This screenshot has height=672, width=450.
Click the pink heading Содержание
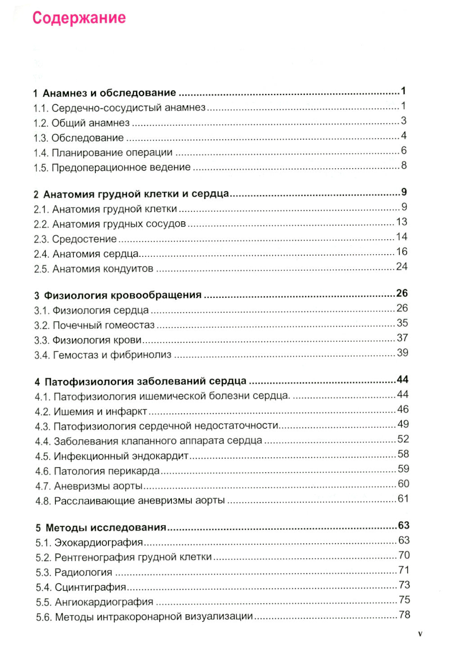click(79, 18)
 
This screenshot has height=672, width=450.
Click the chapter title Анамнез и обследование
click(109, 93)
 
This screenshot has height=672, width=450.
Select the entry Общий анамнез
click(90, 123)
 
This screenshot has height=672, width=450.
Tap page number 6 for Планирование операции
click(404, 151)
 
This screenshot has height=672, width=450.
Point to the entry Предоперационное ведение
click(121, 167)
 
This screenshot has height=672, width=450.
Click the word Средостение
click(84, 239)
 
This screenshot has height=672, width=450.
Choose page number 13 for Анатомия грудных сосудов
click(401, 222)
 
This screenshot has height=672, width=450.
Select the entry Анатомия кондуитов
click(103, 269)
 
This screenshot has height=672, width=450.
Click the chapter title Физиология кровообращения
click(122, 295)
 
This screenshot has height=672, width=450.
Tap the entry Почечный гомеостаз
click(103, 325)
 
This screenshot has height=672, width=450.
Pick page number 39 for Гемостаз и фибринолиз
click(402, 353)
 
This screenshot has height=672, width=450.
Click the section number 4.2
click(43, 412)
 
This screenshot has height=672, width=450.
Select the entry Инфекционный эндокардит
click(121, 456)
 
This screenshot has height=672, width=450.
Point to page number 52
click(403, 439)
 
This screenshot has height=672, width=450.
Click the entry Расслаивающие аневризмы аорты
click(139, 501)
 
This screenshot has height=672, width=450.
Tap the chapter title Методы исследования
click(106, 527)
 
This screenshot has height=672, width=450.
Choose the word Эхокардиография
click(99, 542)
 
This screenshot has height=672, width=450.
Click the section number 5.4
click(44, 587)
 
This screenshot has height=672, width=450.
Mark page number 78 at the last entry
click(404, 614)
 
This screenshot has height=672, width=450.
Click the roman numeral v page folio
click(420, 634)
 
